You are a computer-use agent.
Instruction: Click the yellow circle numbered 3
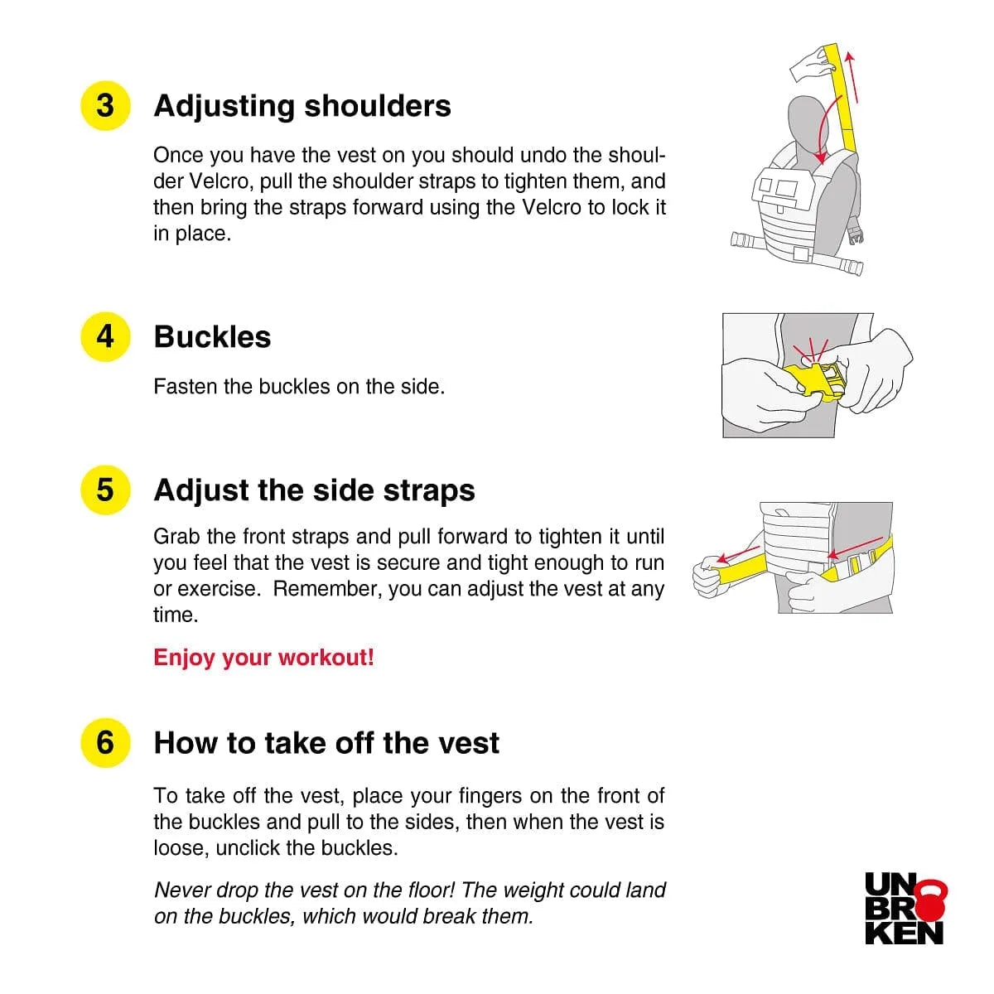click(x=105, y=106)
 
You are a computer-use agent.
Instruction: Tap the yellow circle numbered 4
click(x=105, y=337)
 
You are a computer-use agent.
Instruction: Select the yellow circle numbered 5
click(x=105, y=490)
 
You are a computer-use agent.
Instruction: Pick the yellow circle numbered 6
click(x=105, y=743)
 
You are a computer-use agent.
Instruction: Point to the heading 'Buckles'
click(x=212, y=337)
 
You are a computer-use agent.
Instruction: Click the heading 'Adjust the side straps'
click(x=314, y=490)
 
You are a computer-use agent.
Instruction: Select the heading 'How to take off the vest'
click(x=326, y=743)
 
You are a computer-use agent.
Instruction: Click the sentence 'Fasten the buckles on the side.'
click(x=299, y=386)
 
